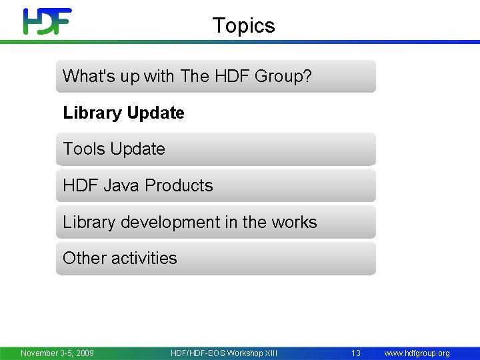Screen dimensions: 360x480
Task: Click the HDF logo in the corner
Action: click(x=47, y=21)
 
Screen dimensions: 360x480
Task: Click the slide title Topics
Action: click(x=243, y=25)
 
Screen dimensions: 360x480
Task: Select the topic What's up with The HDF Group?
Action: click(x=187, y=76)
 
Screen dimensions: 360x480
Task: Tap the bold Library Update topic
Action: click(x=123, y=113)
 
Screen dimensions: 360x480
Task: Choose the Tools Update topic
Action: click(x=114, y=149)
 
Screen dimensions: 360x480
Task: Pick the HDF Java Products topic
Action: click(x=138, y=185)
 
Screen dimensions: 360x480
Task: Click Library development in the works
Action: click(x=190, y=222)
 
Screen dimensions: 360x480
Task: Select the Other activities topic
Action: click(x=120, y=258)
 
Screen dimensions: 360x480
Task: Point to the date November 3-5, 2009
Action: click(x=57, y=353)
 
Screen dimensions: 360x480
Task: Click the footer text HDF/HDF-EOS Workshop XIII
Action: click(x=224, y=353)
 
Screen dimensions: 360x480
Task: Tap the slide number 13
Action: click(x=356, y=353)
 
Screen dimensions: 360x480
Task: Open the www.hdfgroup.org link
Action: click(x=417, y=353)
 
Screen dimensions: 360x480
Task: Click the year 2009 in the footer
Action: click(x=84, y=353)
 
